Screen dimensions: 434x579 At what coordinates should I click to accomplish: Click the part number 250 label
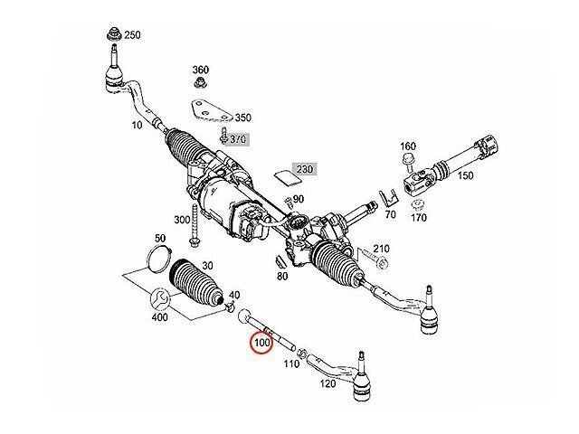[132, 35]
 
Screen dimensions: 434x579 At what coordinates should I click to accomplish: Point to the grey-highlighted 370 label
[238, 139]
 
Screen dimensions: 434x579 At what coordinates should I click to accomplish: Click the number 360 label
[200, 70]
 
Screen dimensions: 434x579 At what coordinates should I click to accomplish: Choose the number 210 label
[381, 249]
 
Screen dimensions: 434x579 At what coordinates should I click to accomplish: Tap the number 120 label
[327, 383]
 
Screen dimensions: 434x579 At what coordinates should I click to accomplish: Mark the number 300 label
[182, 220]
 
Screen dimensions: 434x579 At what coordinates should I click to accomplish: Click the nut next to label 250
[114, 36]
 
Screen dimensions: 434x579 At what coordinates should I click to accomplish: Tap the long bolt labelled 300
[195, 230]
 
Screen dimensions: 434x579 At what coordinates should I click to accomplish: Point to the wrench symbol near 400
[157, 300]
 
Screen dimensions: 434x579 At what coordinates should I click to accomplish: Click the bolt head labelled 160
[406, 162]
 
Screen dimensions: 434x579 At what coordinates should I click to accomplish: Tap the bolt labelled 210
[376, 262]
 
